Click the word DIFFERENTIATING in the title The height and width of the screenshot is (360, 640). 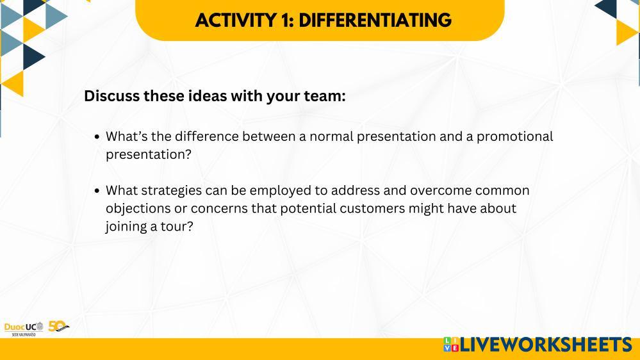pyautogui.click(x=375, y=20)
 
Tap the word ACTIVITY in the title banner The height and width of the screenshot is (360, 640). pyautogui.click(x=236, y=20)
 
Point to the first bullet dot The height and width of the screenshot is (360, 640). pyautogui.click(x=97, y=136)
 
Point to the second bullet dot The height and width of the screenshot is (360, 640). pyautogui.click(x=97, y=191)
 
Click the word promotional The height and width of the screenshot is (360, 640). pyautogui.click(x=514, y=136)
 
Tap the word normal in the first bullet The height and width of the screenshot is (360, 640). pyautogui.click(x=331, y=136)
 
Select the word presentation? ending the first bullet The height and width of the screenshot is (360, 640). pyautogui.click(x=149, y=154)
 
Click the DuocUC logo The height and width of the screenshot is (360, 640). pyautogui.click(x=24, y=329)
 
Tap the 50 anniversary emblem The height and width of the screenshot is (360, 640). pyautogui.click(x=58, y=326)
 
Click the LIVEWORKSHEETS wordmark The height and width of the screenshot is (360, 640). pyautogui.click(x=546, y=345)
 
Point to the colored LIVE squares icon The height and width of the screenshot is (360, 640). pyautogui.click(x=451, y=345)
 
